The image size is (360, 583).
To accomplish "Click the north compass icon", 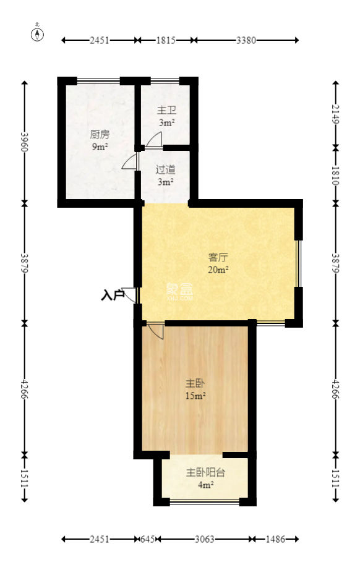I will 38,34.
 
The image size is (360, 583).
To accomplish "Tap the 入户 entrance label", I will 113,296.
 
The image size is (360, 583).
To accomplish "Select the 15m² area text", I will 195,396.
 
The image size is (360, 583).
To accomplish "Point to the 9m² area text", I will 100,147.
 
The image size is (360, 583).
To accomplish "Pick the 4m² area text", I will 205,485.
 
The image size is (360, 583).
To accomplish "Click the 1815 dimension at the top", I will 166,40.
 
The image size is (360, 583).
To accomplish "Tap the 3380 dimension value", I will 246,40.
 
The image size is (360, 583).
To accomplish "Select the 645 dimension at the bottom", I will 148,539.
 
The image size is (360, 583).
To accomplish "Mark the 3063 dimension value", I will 204,539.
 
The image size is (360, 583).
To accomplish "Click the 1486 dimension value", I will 275,539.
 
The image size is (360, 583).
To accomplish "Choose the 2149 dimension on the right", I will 336,114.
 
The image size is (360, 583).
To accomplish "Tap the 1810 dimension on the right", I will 336,176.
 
